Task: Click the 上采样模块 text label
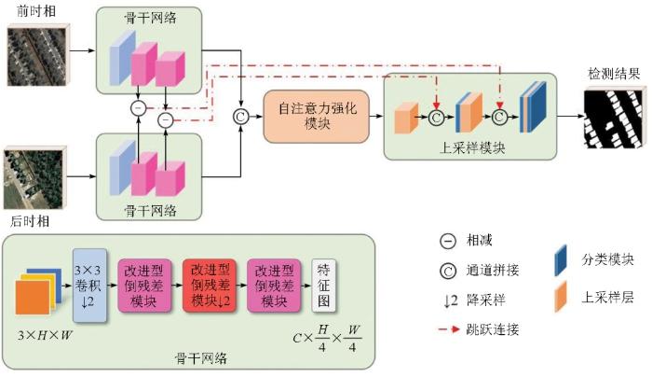coord(469,148)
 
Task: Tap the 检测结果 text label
coord(613,74)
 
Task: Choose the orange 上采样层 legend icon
coord(562,299)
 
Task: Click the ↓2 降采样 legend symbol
coord(448,300)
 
